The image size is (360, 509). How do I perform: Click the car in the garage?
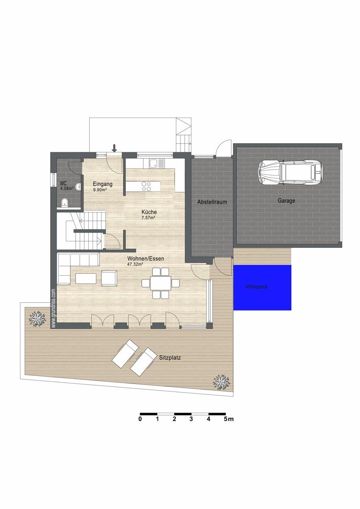click(290, 173)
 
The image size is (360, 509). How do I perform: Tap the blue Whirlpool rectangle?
click(262, 288)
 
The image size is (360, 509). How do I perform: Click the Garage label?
click(286, 201)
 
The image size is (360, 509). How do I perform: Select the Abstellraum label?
click(212, 202)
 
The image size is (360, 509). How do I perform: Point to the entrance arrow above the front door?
click(114, 148)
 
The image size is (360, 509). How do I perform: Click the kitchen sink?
click(157, 164)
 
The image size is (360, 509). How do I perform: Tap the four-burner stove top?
click(146, 186)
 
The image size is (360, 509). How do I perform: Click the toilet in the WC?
click(65, 202)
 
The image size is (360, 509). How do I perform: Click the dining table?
click(160, 283)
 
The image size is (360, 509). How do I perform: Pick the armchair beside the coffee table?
click(109, 278)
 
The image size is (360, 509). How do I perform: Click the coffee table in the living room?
click(86, 278)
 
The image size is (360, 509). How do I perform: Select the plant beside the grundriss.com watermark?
click(37, 319)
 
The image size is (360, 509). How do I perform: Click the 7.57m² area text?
click(148, 218)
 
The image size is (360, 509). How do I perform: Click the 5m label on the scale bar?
click(228, 419)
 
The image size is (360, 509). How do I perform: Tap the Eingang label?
click(103, 184)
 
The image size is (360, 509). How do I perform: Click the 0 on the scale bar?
click(141, 419)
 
